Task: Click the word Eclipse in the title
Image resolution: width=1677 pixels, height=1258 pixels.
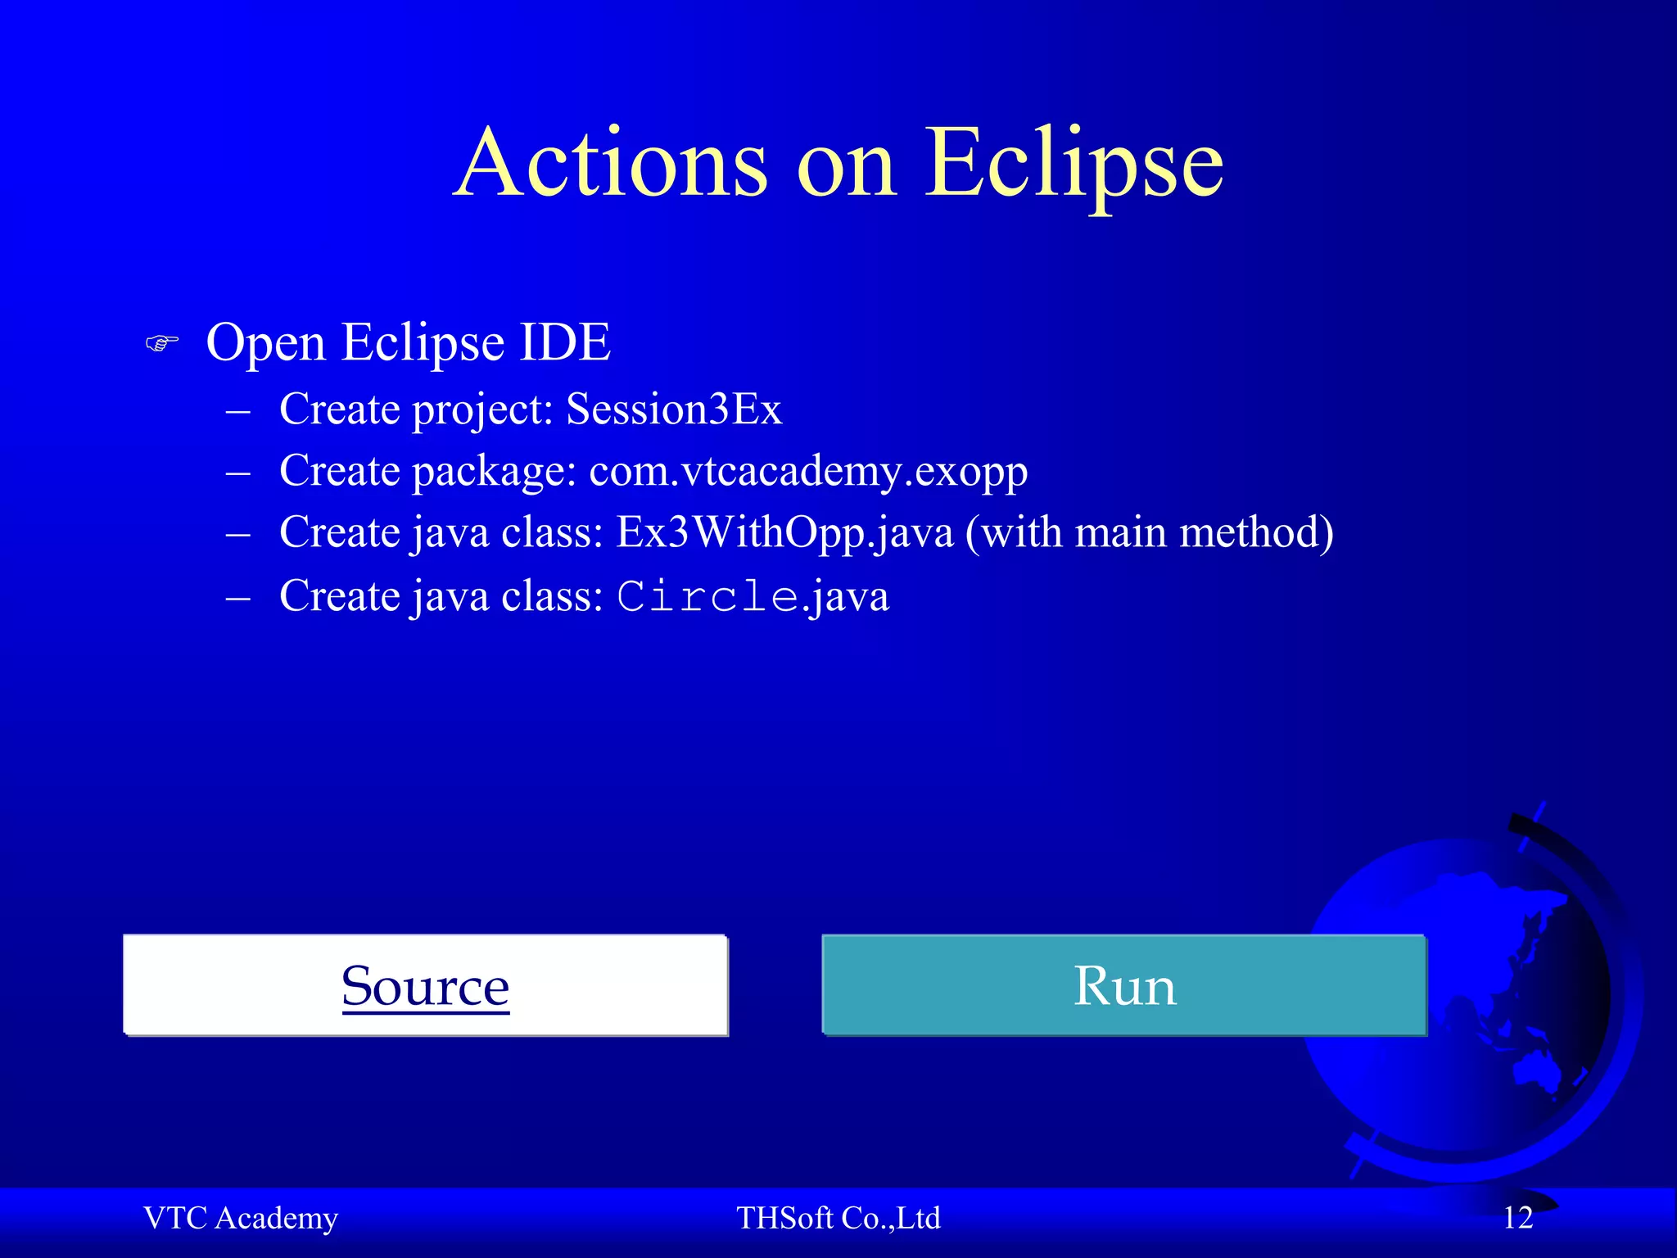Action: [1074, 164]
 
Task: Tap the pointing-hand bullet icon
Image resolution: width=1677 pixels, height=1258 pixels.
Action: [161, 342]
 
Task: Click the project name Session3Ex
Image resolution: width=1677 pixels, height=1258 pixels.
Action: [674, 409]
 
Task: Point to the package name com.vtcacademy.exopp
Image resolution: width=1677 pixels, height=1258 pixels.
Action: [808, 472]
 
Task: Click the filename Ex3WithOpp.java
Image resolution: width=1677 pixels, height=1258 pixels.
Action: [784, 533]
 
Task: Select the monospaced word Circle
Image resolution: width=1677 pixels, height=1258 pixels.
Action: [707, 596]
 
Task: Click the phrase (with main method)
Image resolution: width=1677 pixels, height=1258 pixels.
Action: [1149, 533]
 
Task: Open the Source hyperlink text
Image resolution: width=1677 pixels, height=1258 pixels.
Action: [425, 986]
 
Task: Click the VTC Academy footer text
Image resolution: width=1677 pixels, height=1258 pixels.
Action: [241, 1218]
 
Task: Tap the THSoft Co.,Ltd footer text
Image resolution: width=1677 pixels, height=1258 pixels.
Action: [838, 1218]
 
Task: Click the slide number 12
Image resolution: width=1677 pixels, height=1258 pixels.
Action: [1517, 1218]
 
